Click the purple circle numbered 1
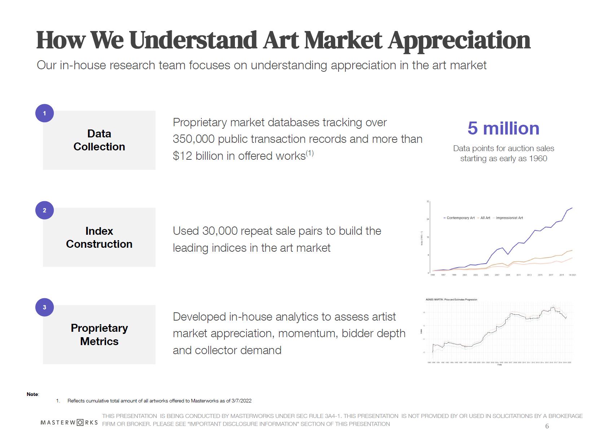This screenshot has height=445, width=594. click(44, 113)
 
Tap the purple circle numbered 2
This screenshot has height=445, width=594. click(44, 210)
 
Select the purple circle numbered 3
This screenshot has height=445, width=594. click(44, 307)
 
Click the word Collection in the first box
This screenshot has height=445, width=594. click(99, 147)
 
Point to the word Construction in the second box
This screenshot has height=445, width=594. click(99, 244)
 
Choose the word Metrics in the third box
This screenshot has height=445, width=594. click(99, 341)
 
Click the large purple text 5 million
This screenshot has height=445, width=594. click(503, 128)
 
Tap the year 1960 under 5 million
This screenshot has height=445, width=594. click(538, 159)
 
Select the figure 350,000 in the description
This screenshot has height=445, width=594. click(194, 139)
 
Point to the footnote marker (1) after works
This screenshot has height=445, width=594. click(310, 154)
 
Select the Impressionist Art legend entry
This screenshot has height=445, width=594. click(509, 218)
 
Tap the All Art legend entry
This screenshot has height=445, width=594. click(485, 218)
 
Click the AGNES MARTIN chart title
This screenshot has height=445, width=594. click(451, 299)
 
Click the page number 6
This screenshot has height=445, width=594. click(547, 426)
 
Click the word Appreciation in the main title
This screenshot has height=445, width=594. click(459, 40)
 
